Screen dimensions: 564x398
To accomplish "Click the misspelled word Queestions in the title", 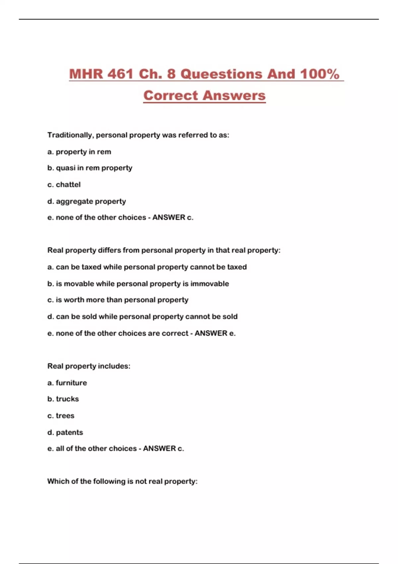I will tap(222, 74).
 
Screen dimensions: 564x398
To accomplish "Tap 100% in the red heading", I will tap(320, 74).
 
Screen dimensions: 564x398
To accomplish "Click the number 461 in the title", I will tap(120, 74).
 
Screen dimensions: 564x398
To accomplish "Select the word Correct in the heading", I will tap(171, 96).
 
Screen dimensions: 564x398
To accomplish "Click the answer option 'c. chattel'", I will tap(64, 184).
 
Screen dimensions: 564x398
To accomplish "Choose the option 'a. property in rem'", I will tap(79, 152).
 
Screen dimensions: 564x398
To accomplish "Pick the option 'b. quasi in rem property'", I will tap(90, 168).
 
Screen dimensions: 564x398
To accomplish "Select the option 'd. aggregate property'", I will tap(87, 201).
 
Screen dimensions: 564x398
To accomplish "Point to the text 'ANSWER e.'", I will tap(215, 333).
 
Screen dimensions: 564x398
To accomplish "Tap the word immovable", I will tap(210, 284).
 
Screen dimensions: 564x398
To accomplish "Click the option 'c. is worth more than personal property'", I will tap(118, 300).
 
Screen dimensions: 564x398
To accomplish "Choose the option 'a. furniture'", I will tap(67, 383).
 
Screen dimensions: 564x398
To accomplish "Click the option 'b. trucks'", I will tap(63, 399).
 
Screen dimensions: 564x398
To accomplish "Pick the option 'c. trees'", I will tap(61, 415).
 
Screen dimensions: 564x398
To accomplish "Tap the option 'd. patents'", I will tap(65, 432).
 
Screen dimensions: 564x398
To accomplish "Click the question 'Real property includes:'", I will tap(89, 366).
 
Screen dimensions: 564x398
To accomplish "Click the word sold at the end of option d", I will tap(230, 317).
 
